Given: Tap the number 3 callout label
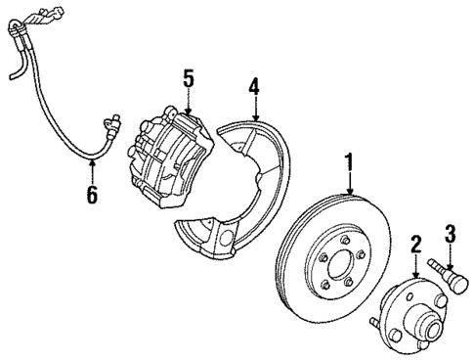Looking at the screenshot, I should [x=451, y=233].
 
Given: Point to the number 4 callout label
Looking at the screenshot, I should [x=254, y=88].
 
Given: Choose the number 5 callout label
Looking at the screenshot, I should [x=188, y=76].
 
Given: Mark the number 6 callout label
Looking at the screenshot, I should [x=91, y=195].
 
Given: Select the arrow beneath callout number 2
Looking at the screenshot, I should [x=414, y=267].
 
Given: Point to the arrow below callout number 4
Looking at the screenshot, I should [x=254, y=112].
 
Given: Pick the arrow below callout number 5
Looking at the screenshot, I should [x=188, y=101].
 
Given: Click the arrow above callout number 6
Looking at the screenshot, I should [x=91, y=173].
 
